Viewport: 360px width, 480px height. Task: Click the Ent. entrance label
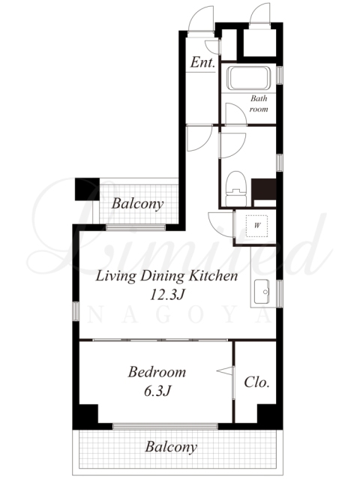pos(202,62)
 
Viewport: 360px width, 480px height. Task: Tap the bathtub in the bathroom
pos(248,78)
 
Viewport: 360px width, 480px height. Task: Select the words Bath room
pos(259,103)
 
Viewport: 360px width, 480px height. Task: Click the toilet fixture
pos(235,188)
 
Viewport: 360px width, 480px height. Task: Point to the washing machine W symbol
pos(257,226)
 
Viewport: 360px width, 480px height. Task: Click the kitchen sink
pos(262,292)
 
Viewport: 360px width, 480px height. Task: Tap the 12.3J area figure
pos(167,295)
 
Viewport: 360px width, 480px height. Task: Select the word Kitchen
pos(213,276)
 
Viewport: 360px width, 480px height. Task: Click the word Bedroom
pos(157,372)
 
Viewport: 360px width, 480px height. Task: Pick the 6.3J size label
pos(157,391)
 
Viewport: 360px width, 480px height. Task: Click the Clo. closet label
pos(256,382)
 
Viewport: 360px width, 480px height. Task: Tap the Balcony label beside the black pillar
pos(137,204)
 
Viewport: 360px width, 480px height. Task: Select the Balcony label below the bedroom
pos(171,447)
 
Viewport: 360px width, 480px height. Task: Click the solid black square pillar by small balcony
pos(87,189)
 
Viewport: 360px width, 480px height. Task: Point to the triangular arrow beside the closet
pos(225,370)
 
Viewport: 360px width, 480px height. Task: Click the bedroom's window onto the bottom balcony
pos(165,426)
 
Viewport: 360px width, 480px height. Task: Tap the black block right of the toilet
pos(264,189)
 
